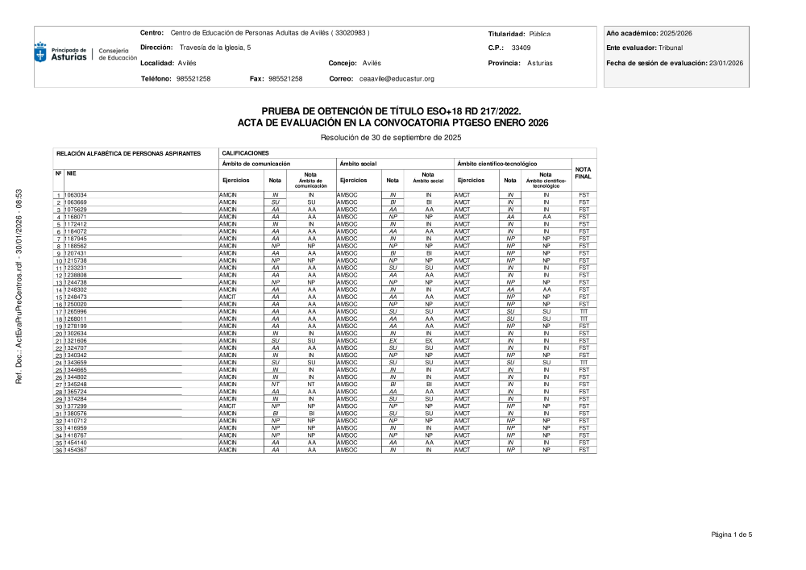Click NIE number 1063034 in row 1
[x=77, y=195]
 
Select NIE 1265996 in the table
[x=77, y=311]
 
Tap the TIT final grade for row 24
[x=584, y=362]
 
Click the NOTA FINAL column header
[x=584, y=173]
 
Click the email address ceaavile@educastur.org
[x=397, y=78]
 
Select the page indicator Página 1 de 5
[x=731, y=534]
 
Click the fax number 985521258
[x=285, y=78]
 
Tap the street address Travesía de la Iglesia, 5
[x=215, y=48]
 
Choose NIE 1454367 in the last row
[x=77, y=449]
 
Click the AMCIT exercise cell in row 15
[x=229, y=297]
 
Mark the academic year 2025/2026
[x=676, y=33]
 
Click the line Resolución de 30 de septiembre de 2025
[x=392, y=137]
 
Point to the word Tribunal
[x=670, y=48]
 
